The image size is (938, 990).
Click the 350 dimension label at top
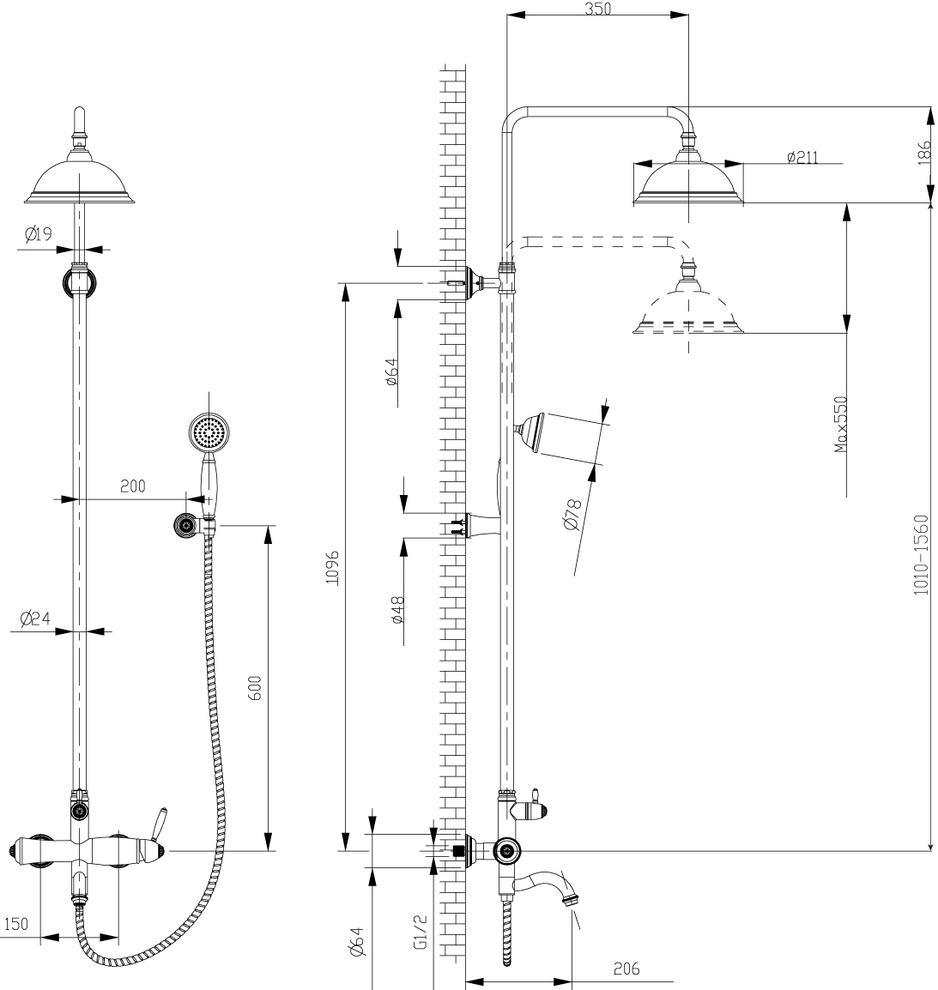pyautogui.click(x=597, y=9)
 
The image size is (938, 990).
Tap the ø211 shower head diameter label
pyautogui.click(x=802, y=157)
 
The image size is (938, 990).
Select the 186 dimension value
pyautogui.click(x=924, y=154)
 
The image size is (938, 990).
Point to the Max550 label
pyautogui.click(x=841, y=425)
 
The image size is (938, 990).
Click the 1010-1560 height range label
pyautogui.click(x=922, y=555)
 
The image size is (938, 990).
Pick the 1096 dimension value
pyautogui.click(x=332, y=568)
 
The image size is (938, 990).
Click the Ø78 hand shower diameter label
pyautogui.click(x=572, y=515)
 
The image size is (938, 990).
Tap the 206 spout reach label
pyautogui.click(x=626, y=968)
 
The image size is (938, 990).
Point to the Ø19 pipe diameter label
pyautogui.click(x=39, y=235)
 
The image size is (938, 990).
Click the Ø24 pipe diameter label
pyautogui.click(x=34, y=618)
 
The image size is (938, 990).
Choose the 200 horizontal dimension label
pyautogui.click(x=133, y=486)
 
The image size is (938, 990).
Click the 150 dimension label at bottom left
pyautogui.click(x=15, y=924)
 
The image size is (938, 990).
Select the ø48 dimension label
pyautogui.click(x=396, y=610)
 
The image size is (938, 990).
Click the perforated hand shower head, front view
pyautogui.click(x=209, y=433)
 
